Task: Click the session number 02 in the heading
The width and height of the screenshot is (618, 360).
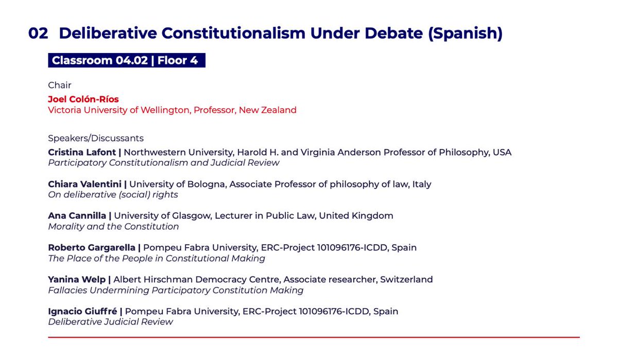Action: (38, 33)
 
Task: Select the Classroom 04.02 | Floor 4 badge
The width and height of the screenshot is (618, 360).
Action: (126, 61)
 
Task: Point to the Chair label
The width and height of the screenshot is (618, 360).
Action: (60, 85)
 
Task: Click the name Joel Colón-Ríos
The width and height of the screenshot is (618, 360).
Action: (83, 99)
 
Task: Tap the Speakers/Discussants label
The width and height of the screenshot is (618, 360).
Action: (96, 138)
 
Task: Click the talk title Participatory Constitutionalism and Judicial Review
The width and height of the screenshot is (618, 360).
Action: (164, 163)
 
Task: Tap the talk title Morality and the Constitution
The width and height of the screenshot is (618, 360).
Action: (113, 227)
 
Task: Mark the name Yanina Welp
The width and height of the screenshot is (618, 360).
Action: (77, 280)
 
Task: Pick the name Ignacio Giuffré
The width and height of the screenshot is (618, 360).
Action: (83, 312)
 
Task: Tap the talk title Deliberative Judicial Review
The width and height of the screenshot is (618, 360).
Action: (111, 322)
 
